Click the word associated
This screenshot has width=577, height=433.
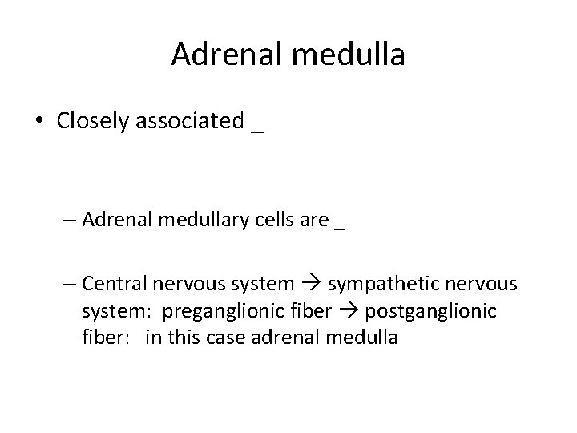(x=191, y=122)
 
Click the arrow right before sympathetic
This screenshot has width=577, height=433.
(x=309, y=285)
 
